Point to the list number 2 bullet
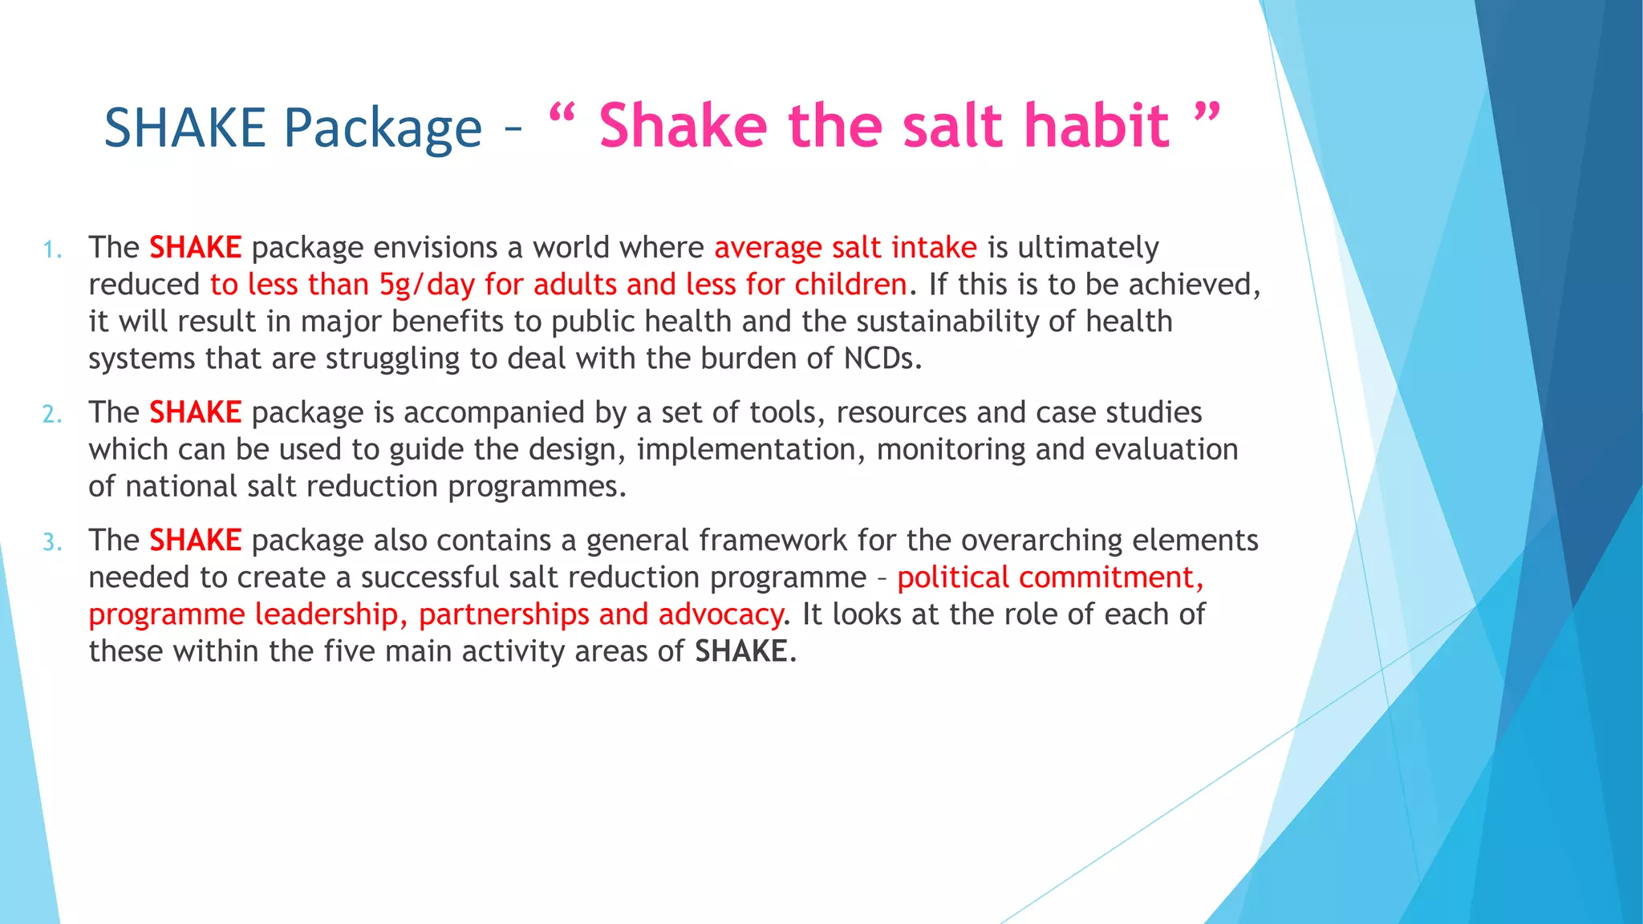click(x=51, y=415)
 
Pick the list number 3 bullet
click(x=51, y=543)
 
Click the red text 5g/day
click(x=427, y=285)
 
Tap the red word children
click(x=850, y=285)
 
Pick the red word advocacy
click(x=720, y=614)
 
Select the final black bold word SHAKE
click(x=740, y=651)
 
